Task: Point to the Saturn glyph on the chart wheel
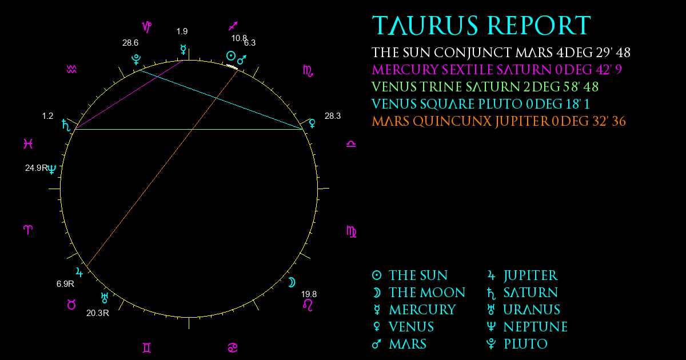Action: [66, 125]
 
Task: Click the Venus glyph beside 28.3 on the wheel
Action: [312, 123]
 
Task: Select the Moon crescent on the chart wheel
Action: [292, 282]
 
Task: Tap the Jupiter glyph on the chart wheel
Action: [79, 272]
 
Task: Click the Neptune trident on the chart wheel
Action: [52, 169]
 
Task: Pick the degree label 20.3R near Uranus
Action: [98, 313]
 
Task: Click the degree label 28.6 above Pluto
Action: [130, 43]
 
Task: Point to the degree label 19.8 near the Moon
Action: [309, 294]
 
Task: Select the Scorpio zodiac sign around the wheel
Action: [308, 71]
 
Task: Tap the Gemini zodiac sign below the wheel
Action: [147, 348]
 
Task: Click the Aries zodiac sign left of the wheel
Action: [28, 230]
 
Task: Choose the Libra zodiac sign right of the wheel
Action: [351, 144]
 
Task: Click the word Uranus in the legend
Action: [532, 310]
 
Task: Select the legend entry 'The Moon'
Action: [418, 293]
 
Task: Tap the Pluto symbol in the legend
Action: [491, 344]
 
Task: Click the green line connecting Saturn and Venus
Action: [189, 130]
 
